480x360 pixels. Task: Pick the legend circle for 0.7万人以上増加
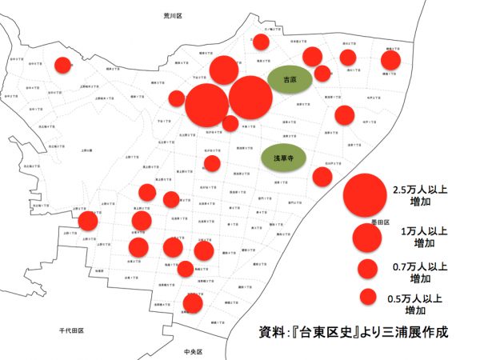pos(368,269)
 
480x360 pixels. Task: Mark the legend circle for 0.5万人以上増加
pos(369,296)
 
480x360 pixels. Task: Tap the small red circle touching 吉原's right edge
pos(322,74)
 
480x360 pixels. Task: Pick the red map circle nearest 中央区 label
pos(193,303)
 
